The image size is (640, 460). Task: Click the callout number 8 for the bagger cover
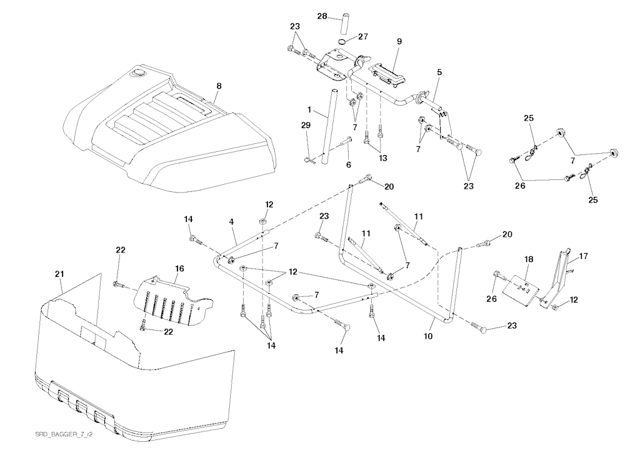(219, 86)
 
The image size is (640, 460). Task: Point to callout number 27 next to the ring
(363, 37)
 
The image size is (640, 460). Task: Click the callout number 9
(399, 41)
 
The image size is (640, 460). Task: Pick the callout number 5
(439, 72)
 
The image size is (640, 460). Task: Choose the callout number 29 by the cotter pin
(306, 126)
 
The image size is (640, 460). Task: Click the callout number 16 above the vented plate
(179, 267)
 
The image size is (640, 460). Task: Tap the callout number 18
(529, 258)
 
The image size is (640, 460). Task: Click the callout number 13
(382, 158)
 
